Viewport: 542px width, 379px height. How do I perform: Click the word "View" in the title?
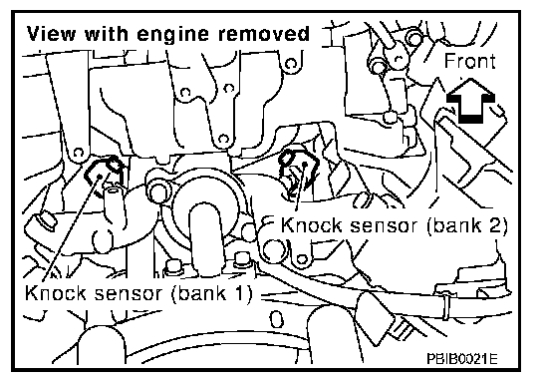tap(51, 34)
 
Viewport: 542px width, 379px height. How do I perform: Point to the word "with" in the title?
tap(106, 34)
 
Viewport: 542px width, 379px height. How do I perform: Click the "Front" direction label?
tap(469, 61)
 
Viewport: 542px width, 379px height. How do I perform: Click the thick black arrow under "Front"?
tap(470, 101)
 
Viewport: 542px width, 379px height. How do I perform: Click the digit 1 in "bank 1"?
tap(237, 293)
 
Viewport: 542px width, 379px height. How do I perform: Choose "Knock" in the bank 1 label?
tap(56, 293)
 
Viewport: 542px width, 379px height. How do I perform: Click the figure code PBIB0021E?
tap(462, 359)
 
